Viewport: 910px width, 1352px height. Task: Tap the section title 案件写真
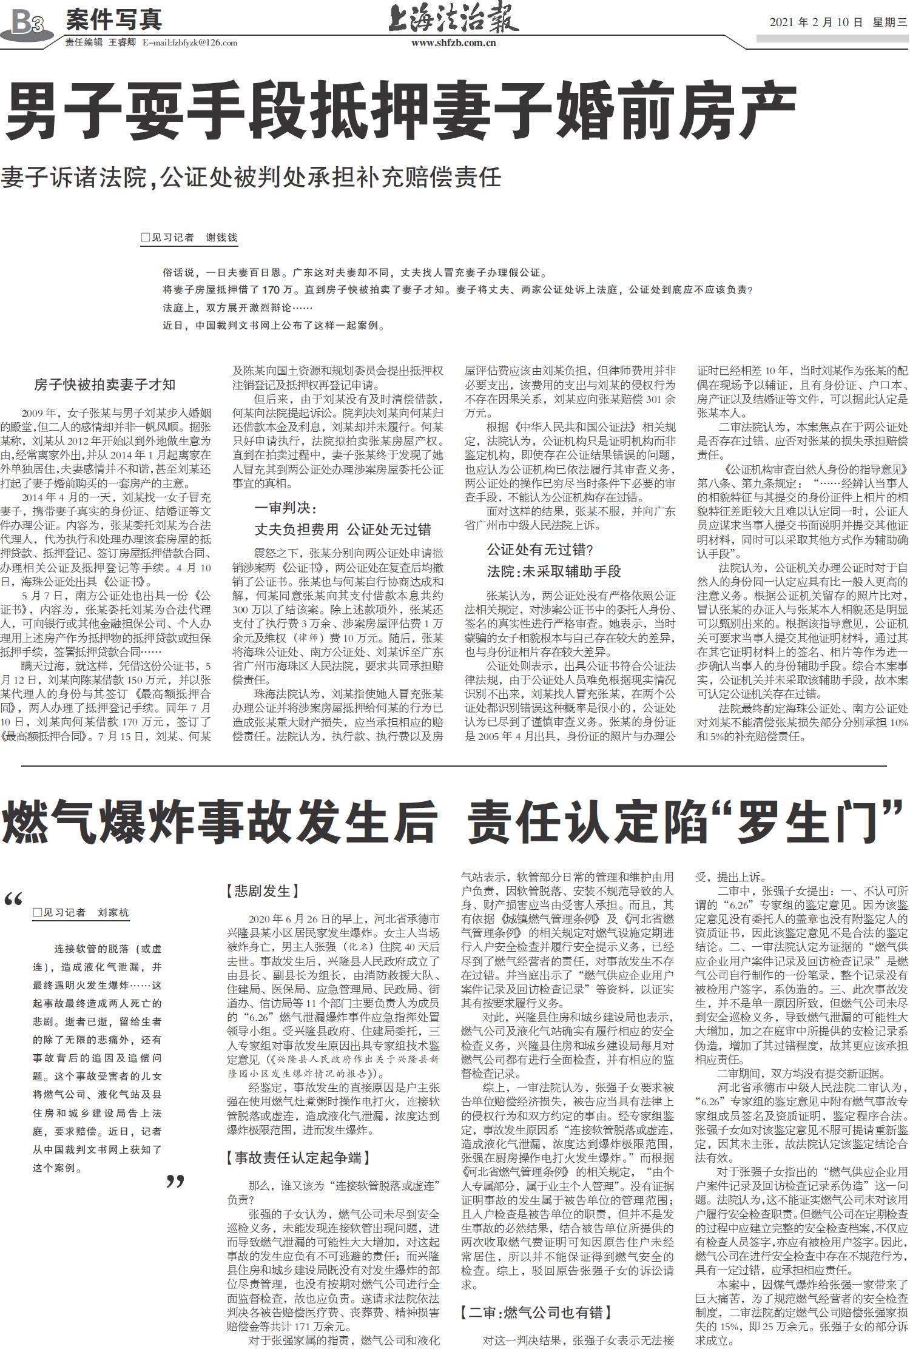[x=113, y=20]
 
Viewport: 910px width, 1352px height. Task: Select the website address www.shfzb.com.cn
[x=453, y=43]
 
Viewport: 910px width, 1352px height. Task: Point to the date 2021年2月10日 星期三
[x=838, y=22]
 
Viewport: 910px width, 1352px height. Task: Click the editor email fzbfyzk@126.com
[x=189, y=43]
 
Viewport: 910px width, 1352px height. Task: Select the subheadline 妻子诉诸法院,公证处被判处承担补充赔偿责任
[x=251, y=177]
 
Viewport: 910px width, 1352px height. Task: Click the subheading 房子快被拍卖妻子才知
[x=104, y=384]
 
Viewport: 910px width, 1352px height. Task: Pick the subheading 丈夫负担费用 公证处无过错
[x=342, y=530]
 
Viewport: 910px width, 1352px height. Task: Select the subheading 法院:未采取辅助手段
[x=553, y=571]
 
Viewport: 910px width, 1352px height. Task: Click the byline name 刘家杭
[x=113, y=912]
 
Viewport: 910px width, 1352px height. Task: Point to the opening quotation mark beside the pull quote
[x=13, y=900]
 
